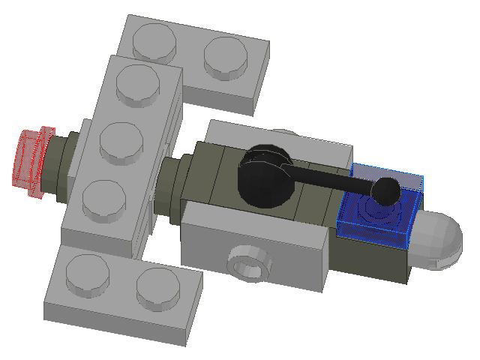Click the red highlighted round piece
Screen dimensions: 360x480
pyautogui.click(x=31, y=161)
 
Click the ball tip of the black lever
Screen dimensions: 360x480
pyautogui.click(x=386, y=190)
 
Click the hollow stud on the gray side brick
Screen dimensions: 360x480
pyautogui.click(x=248, y=263)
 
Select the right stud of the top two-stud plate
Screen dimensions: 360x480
pyautogui.click(x=225, y=57)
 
